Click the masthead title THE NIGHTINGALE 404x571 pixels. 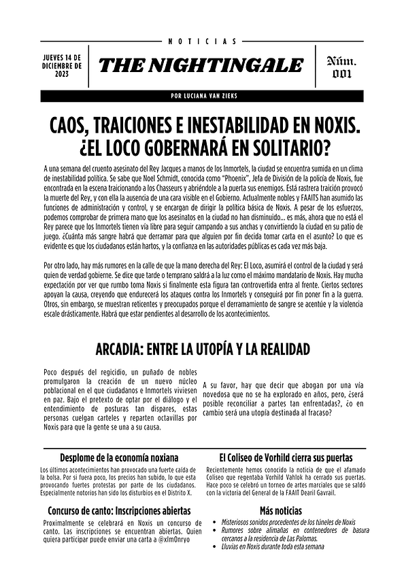tap(201, 65)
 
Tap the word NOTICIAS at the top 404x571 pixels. tap(201, 41)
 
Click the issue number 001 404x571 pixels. tap(343, 75)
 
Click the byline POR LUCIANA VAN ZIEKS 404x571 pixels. tap(202, 96)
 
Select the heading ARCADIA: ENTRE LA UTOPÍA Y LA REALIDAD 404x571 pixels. tap(202, 349)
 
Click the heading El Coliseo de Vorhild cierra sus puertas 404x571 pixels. tap(285, 457)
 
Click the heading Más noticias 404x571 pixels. tap(280, 511)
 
